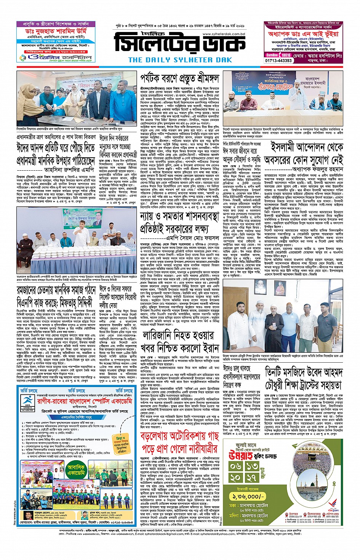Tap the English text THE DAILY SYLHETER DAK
click(x=180, y=60)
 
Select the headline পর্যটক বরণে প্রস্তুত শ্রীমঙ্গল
click(x=179, y=79)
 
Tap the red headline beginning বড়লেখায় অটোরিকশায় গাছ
click(x=179, y=442)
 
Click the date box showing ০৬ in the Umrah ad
click(x=236, y=466)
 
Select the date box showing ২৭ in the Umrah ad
click(x=252, y=477)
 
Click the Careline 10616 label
click(x=278, y=55)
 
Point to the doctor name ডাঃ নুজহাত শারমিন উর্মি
click(x=56, y=31)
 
